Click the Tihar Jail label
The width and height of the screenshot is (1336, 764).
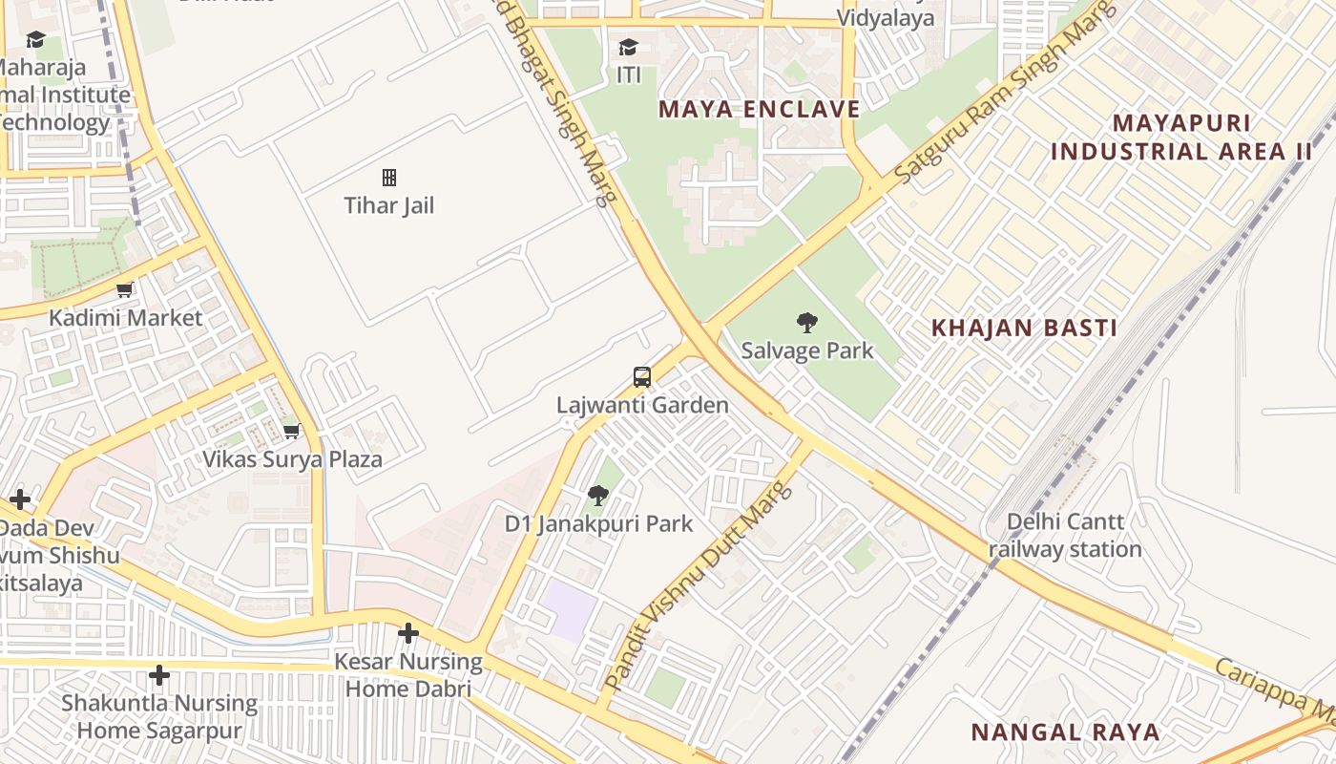(x=388, y=205)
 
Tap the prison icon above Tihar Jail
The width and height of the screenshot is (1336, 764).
(x=389, y=178)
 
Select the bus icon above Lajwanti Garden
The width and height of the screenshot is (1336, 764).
(x=642, y=377)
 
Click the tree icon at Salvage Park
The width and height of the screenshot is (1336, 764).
(x=806, y=323)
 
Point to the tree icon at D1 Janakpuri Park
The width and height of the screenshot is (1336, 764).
(x=598, y=496)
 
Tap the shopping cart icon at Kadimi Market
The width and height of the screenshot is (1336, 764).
(x=124, y=289)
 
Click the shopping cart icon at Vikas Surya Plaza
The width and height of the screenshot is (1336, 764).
(x=292, y=432)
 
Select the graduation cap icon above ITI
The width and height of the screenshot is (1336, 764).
(x=628, y=48)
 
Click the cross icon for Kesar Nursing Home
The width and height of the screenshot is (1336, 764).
(x=408, y=633)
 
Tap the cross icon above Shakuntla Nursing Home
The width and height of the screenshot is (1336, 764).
(x=159, y=676)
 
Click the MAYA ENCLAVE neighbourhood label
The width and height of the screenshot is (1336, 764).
(x=759, y=109)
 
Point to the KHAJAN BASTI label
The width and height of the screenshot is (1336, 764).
(x=1024, y=329)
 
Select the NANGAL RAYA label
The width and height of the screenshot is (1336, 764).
(x=1065, y=732)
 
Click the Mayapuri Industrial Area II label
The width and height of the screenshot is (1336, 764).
(x=1181, y=138)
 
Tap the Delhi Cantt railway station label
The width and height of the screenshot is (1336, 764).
(x=1065, y=536)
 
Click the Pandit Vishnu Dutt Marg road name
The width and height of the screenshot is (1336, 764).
(x=699, y=586)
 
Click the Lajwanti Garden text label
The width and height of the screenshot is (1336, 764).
(x=642, y=405)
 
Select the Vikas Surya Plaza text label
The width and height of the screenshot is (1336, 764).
(x=292, y=459)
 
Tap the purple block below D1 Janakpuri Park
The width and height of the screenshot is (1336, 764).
(x=570, y=609)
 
